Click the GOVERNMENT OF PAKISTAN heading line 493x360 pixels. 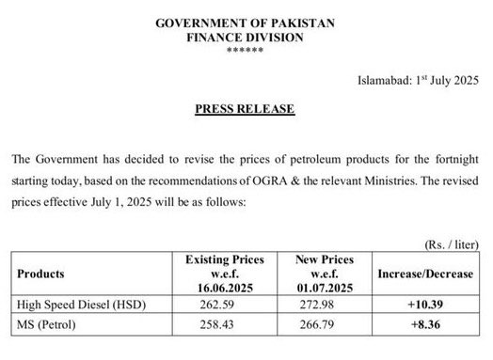246,23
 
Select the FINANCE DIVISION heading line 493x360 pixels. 246,38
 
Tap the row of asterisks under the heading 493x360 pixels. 246,51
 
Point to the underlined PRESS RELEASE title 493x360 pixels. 245,109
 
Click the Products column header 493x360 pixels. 40,274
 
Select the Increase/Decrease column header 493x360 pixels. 425,274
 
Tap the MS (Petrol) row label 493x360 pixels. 48,325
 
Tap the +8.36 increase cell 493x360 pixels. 425,325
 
